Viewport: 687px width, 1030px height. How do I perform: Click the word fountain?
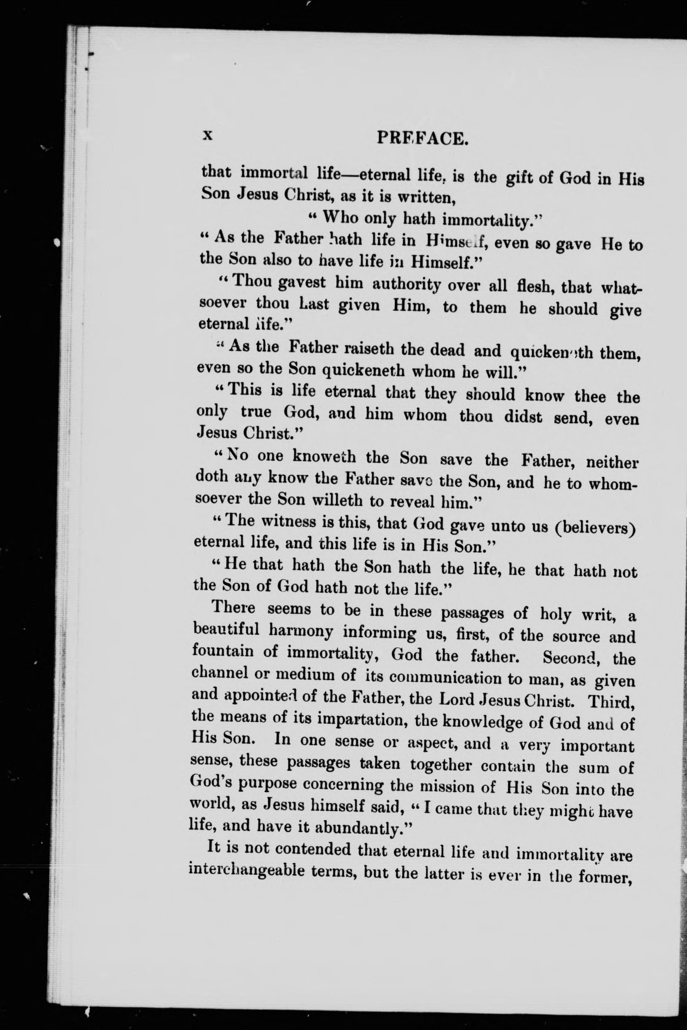tap(223, 652)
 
